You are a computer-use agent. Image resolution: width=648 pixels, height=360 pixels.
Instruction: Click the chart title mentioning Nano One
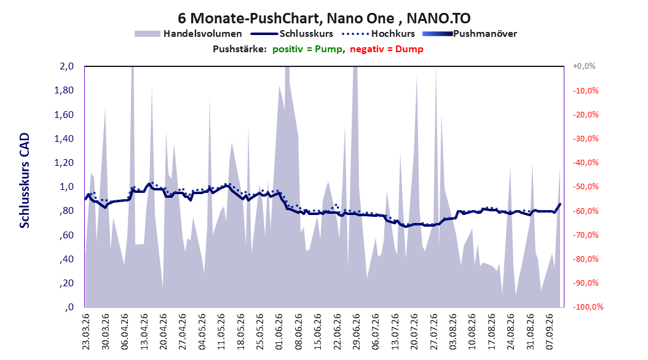(324, 18)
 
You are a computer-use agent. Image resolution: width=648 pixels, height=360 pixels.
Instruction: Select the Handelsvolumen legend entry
(189, 34)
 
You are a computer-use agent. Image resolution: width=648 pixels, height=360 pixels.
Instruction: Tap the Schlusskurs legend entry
(292, 34)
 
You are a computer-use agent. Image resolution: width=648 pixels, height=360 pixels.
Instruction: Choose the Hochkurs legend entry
(379, 34)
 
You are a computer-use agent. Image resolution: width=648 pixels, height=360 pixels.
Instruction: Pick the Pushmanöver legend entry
(470, 34)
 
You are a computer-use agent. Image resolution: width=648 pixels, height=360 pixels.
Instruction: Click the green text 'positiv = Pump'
(307, 49)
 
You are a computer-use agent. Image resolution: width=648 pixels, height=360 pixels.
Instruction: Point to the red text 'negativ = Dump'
(387, 49)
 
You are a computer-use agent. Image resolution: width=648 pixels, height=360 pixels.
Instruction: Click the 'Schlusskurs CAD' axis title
(25, 181)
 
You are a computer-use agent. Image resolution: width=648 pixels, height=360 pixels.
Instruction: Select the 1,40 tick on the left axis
(64, 139)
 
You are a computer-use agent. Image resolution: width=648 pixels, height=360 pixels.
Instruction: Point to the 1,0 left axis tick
(67, 187)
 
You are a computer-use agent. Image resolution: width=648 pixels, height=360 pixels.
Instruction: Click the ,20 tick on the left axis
(66, 283)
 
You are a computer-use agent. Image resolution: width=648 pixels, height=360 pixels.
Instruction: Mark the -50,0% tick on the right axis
(585, 187)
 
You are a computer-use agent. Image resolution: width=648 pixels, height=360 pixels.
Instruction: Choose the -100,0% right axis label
(588, 307)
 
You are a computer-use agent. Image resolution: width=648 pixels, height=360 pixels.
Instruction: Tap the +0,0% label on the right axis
(584, 66)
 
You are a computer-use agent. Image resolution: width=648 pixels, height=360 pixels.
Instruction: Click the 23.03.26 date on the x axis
(85, 332)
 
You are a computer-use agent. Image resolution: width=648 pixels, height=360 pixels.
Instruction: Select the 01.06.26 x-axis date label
(279, 332)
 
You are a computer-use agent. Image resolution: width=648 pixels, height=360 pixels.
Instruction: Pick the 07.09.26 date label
(550, 332)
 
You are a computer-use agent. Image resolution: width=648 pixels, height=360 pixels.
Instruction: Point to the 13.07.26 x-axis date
(395, 332)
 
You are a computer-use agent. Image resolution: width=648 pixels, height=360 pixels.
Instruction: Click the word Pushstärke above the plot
(240, 49)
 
